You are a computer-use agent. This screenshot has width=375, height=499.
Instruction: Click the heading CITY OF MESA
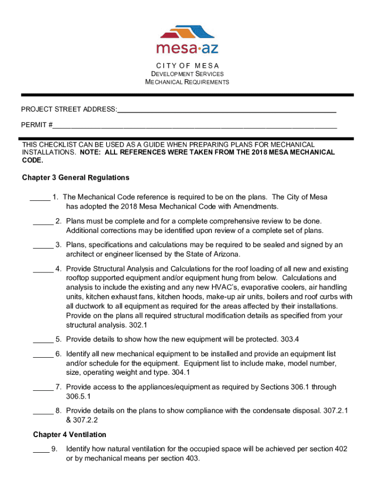coord(187,66)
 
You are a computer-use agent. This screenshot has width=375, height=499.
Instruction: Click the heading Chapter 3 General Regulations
coord(75,177)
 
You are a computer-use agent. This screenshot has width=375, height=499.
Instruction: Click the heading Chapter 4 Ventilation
coord(70,434)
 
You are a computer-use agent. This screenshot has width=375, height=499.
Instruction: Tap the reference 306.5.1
coord(78,397)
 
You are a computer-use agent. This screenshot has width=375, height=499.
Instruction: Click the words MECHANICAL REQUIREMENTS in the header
coord(187,82)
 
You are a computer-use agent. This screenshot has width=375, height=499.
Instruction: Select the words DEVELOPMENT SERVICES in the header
coord(187,74)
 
